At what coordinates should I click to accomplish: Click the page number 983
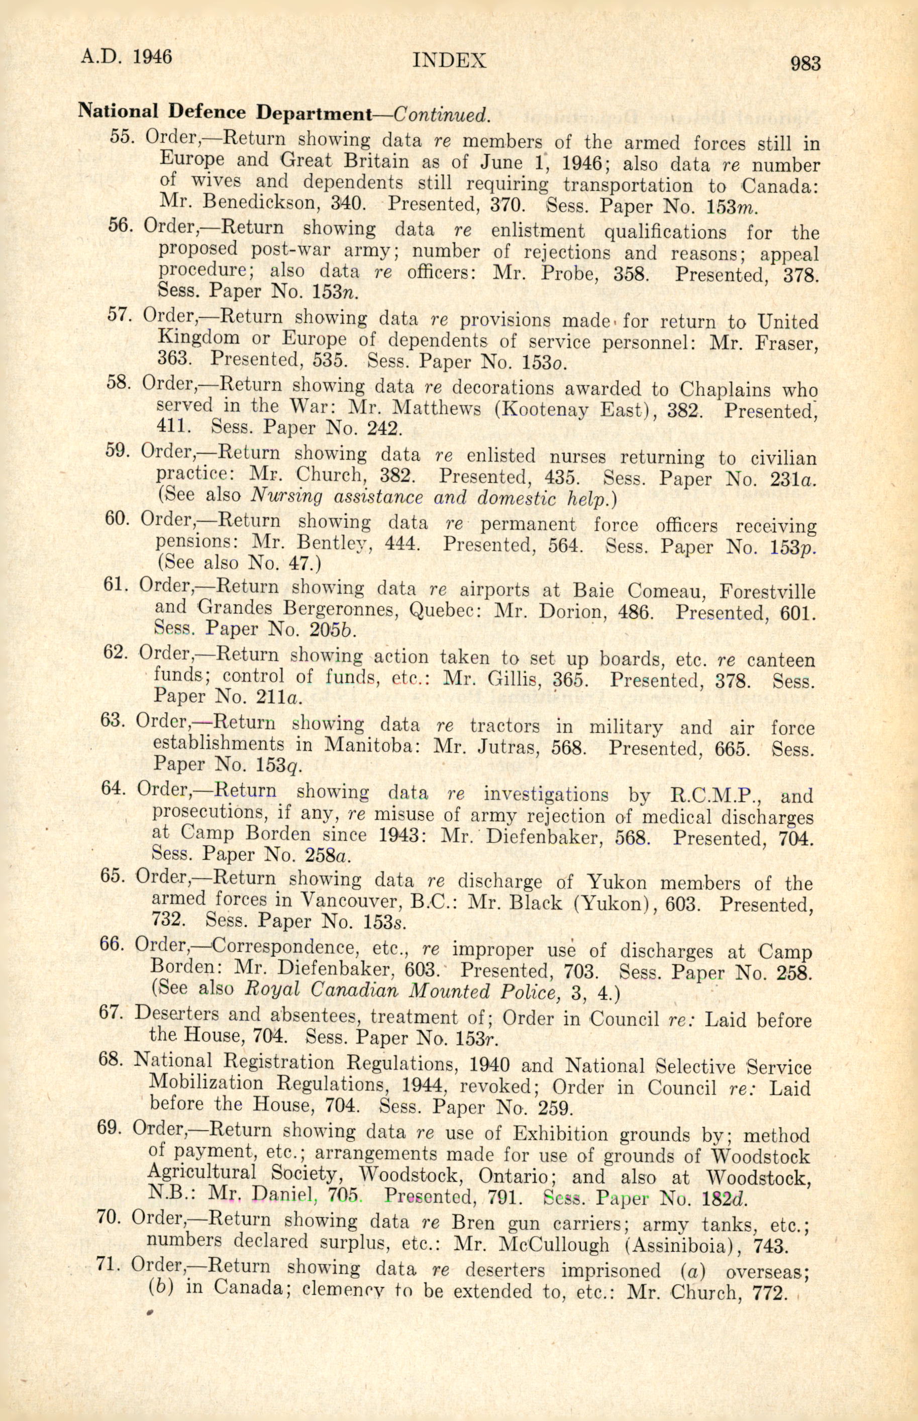coord(805,63)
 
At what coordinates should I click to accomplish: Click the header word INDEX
coord(450,60)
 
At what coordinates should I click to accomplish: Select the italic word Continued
coord(442,114)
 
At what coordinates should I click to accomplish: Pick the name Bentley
coord(331,544)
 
